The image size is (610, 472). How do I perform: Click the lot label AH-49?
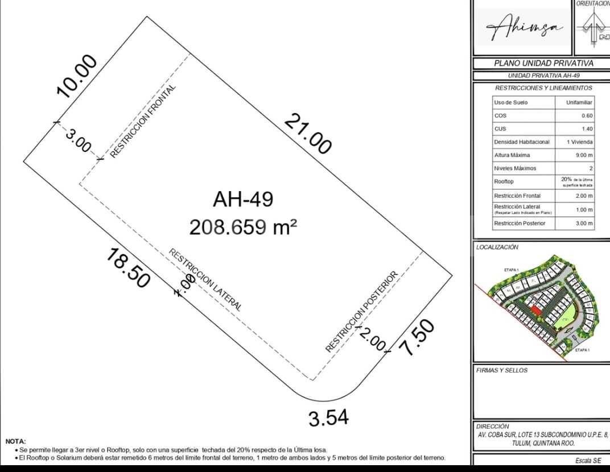coord(243,200)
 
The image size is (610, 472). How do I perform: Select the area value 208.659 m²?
coord(243,227)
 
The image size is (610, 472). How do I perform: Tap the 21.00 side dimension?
coord(308,134)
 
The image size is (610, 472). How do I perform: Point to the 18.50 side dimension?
coord(128,268)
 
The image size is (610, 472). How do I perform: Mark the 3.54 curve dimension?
coord(328,419)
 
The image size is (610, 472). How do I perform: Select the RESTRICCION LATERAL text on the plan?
coord(205,280)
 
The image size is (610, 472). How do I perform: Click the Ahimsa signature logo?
coord(522,27)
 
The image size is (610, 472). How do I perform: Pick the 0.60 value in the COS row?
coord(587,115)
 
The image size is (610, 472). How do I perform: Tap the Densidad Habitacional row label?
coord(522,142)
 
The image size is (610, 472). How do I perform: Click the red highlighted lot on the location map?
coord(535,310)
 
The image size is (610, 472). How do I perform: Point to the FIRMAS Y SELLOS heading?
coord(501,370)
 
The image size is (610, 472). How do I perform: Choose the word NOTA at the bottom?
coord(15,441)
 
